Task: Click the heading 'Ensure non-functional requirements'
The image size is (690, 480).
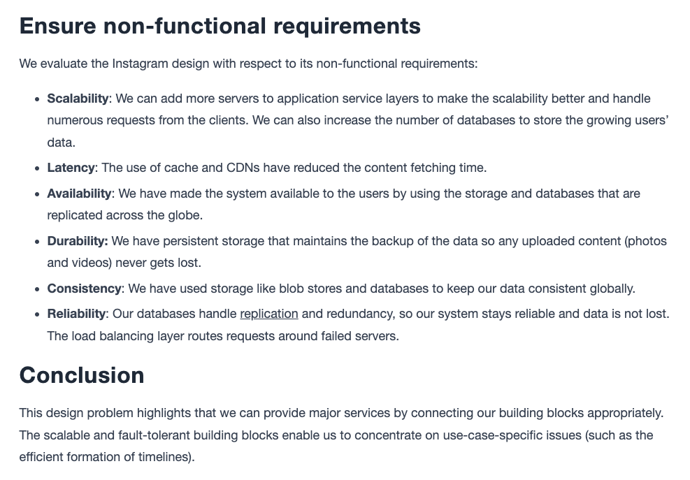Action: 220,26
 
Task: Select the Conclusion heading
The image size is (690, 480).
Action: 82,375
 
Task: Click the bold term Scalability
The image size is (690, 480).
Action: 78,99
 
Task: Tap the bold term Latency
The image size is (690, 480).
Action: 71,168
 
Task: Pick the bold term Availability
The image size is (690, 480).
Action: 79,194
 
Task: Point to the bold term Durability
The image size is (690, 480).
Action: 78,241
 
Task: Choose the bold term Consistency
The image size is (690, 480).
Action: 84,289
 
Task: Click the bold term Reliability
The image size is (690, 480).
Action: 76,314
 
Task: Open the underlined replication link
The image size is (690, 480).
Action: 269,314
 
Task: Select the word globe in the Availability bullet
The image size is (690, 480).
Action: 185,215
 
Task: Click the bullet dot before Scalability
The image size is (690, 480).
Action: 37,99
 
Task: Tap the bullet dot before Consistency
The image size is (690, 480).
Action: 37,289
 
